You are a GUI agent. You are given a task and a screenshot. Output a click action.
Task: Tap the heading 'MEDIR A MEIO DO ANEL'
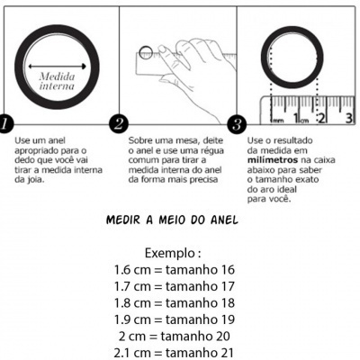coord(180,220)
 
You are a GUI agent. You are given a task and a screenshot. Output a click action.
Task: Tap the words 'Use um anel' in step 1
coord(35,141)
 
